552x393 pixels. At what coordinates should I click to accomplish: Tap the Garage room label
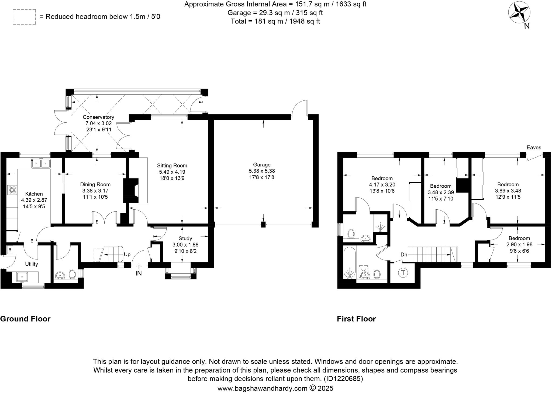261,164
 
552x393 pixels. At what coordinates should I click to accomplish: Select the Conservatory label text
98,117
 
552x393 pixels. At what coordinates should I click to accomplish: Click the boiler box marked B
10,250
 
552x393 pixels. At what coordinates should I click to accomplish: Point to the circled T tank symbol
403,273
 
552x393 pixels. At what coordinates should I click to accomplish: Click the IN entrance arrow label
139,273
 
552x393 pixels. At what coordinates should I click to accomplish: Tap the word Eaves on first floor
534,148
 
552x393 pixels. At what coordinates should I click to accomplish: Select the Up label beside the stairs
127,254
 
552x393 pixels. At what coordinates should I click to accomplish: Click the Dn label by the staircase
404,254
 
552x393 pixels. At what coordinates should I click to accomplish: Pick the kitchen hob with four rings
12,190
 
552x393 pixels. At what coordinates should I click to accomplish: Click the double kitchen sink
41,163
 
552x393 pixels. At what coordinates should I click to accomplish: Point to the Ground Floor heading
25,319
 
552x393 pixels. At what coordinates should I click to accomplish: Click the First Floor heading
356,319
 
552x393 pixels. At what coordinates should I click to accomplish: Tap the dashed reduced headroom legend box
24,17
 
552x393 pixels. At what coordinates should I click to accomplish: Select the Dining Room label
95,184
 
